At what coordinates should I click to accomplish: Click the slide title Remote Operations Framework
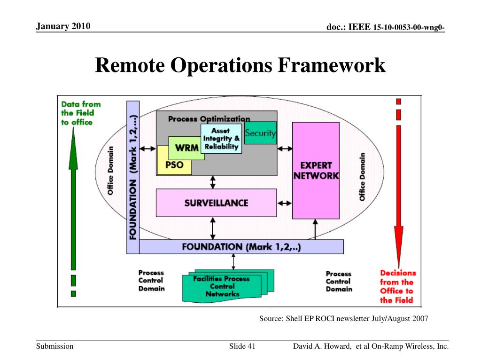[240, 65]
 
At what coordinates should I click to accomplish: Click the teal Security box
[261, 133]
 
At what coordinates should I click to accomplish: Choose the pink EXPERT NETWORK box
[315, 170]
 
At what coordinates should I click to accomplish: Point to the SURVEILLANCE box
[216, 203]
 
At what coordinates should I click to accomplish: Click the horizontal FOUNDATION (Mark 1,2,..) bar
[241, 247]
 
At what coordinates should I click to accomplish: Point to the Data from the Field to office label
[81, 113]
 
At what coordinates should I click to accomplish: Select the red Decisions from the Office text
[397, 286]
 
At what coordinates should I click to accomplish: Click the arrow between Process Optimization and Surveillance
[213, 181]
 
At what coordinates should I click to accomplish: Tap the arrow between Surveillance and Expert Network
[285, 204]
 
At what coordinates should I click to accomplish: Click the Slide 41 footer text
[242, 347]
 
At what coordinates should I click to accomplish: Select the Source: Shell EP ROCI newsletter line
[343, 319]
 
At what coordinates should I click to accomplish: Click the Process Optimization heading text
[209, 118]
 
